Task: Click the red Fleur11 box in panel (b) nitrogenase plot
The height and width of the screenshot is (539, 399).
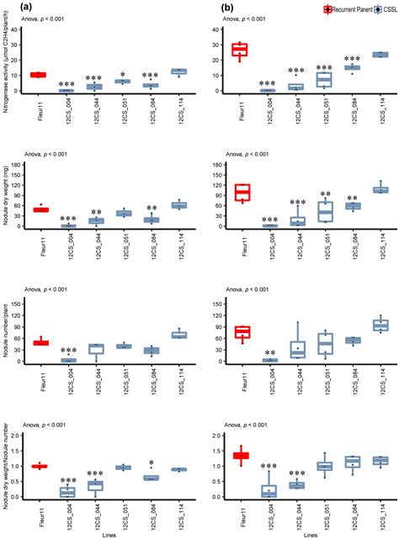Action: click(242, 50)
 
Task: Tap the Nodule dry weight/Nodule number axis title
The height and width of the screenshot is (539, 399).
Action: click(9, 464)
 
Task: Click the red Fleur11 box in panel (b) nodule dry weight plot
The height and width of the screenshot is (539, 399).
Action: click(242, 192)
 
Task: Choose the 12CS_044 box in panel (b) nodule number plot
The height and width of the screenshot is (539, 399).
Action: click(297, 348)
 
